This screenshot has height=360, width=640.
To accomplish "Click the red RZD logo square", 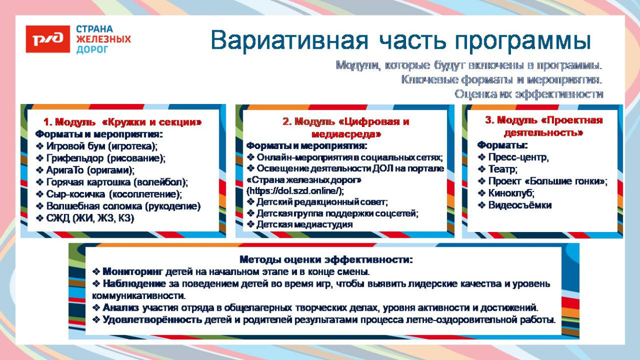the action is (x=48, y=39).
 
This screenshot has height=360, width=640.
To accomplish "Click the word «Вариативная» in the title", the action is (x=289, y=40).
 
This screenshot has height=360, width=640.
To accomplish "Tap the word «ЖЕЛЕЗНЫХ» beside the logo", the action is (x=103, y=39).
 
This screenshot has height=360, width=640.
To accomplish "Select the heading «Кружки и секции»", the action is (x=152, y=122).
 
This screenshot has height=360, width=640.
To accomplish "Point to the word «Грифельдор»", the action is (x=75, y=158).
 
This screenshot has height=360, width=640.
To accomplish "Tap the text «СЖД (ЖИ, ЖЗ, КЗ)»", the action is (x=90, y=218).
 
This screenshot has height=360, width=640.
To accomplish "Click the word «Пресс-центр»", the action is (x=518, y=157).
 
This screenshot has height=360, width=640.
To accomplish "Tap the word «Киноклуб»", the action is (x=511, y=193).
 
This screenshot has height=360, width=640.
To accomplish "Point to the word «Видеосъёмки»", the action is (x=520, y=205).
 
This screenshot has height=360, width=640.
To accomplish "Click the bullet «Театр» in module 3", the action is (x=503, y=169).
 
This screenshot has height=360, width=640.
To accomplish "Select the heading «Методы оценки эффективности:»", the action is (x=326, y=260).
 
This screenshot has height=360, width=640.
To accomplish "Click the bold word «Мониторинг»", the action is (x=133, y=272).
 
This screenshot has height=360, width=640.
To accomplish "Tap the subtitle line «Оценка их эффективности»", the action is (x=529, y=94).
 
